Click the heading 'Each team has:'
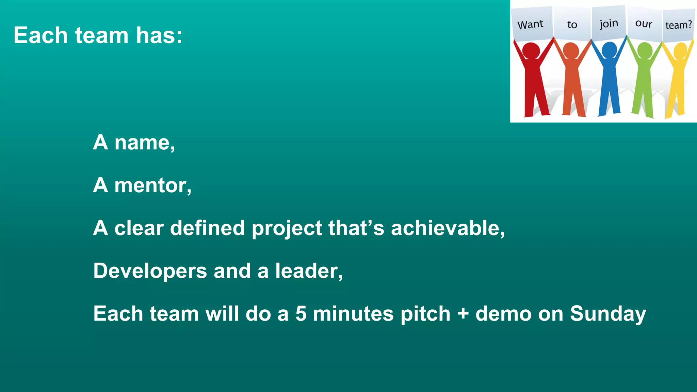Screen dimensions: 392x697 coord(98,35)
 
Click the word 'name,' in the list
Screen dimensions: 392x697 coord(145,143)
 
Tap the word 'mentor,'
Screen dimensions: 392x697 coord(153,185)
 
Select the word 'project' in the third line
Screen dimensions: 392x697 coord(287,229)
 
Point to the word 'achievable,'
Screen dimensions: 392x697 coord(448,228)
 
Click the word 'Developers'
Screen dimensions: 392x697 coord(150,271)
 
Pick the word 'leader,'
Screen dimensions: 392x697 coord(309,271)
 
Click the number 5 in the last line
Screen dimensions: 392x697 coord(301,314)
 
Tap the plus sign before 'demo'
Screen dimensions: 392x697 coord(463,314)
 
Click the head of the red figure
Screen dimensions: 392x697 coord(531,50)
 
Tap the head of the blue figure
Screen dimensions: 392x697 coord(609,50)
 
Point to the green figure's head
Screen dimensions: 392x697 coord(645,50)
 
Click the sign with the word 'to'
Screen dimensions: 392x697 coord(572,24)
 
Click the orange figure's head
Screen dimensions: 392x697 coord(571,50)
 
